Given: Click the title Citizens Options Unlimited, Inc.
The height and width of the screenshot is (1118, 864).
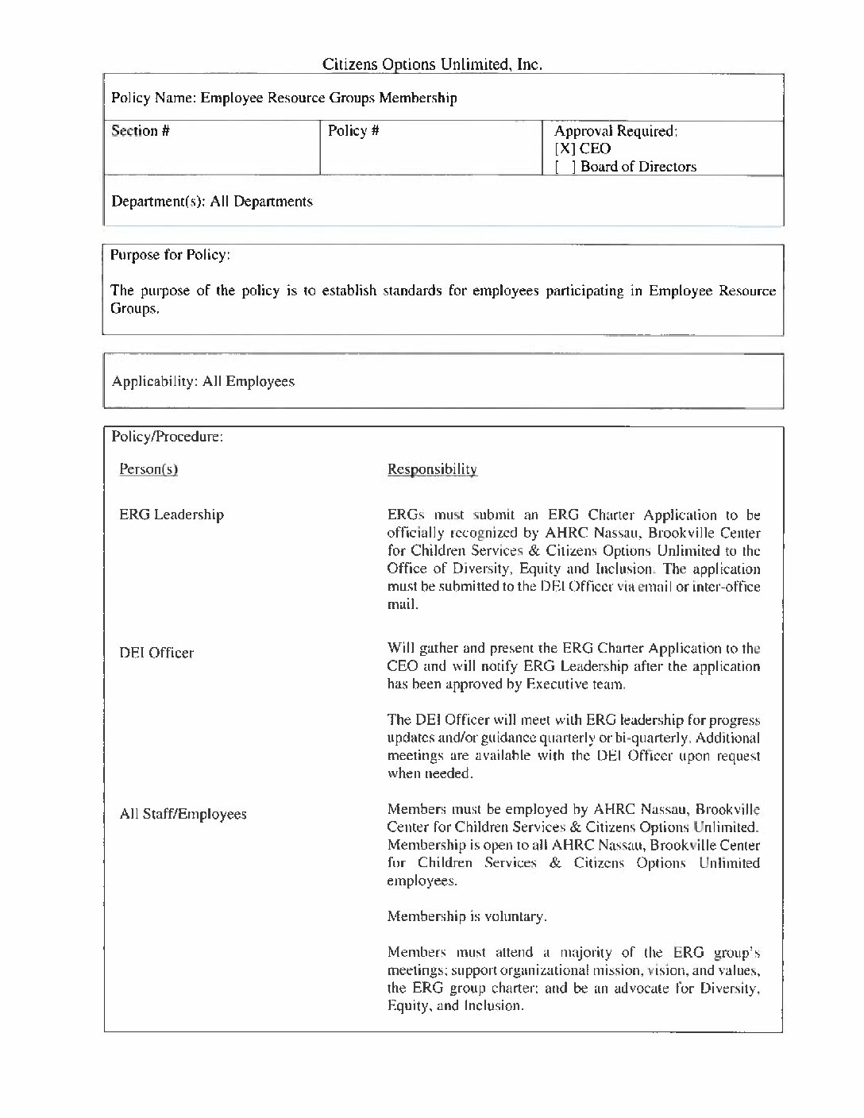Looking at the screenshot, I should (x=432, y=64).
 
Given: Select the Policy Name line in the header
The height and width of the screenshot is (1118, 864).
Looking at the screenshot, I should (x=283, y=98).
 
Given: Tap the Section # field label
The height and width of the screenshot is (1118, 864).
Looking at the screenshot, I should (x=141, y=131).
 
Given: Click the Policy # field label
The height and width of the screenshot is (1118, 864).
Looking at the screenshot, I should (x=353, y=131).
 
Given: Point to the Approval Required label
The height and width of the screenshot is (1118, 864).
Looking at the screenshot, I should (x=615, y=131).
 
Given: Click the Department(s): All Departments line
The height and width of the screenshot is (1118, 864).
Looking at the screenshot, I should (x=212, y=202).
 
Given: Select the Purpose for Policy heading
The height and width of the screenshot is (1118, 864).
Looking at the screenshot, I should (x=171, y=255).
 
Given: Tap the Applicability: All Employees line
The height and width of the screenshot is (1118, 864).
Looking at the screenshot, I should (x=203, y=382).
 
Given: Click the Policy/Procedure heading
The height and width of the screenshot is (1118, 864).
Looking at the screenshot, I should (x=167, y=437).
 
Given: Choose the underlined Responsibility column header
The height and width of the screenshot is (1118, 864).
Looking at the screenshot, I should (x=432, y=469).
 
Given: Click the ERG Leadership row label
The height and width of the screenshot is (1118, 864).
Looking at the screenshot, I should (x=172, y=515).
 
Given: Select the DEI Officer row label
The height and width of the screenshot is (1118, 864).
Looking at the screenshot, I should (x=156, y=653).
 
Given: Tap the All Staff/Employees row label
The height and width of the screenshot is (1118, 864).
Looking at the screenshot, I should (x=183, y=815).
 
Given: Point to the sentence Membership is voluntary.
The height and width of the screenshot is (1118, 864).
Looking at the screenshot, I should (x=467, y=917).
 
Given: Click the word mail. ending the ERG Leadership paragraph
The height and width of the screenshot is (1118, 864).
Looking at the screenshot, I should (x=403, y=605).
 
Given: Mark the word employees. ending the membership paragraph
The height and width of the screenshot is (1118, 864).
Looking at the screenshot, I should (x=422, y=881).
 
